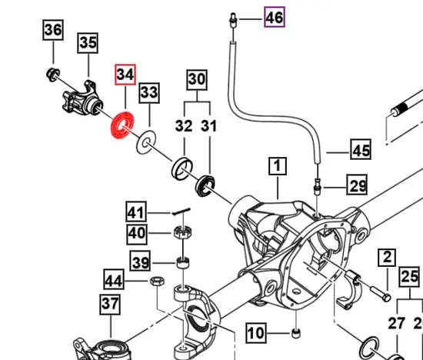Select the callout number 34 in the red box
pyautogui.click(x=125, y=75)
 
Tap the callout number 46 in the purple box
pyautogui.click(x=274, y=15)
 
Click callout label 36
pyautogui.click(x=52, y=31)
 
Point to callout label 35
pyautogui.click(x=88, y=43)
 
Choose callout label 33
pyautogui.click(x=148, y=93)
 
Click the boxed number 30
pyautogui.click(x=197, y=78)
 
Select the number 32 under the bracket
pyautogui.click(x=184, y=125)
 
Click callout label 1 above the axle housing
pyautogui.click(x=277, y=165)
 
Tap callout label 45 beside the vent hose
pyautogui.click(x=361, y=150)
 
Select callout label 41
pyautogui.click(x=136, y=212)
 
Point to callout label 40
pyautogui.click(x=136, y=233)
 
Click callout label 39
pyautogui.click(x=139, y=263)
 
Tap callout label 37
pyautogui.click(x=110, y=305)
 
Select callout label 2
pyautogui.click(x=385, y=258)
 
